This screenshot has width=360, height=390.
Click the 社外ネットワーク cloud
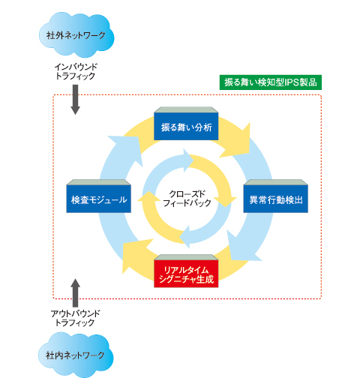[x=76, y=34]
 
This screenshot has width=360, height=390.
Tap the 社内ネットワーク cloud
[x=76, y=354]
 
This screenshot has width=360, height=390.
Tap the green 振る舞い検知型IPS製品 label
[x=271, y=82]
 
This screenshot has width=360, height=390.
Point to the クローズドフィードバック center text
[x=187, y=198]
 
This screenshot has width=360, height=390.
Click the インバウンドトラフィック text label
[x=76, y=71]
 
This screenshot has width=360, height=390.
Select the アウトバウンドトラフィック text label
[x=75, y=318]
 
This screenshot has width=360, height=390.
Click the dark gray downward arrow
[x=75, y=100]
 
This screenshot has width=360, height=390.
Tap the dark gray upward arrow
[x=75, y=293]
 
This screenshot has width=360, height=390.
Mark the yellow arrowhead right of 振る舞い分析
[x=238, y=142]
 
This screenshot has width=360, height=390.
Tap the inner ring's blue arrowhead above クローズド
[x=188, y=160]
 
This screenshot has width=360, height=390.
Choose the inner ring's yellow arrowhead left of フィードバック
[x=149, y=196]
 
